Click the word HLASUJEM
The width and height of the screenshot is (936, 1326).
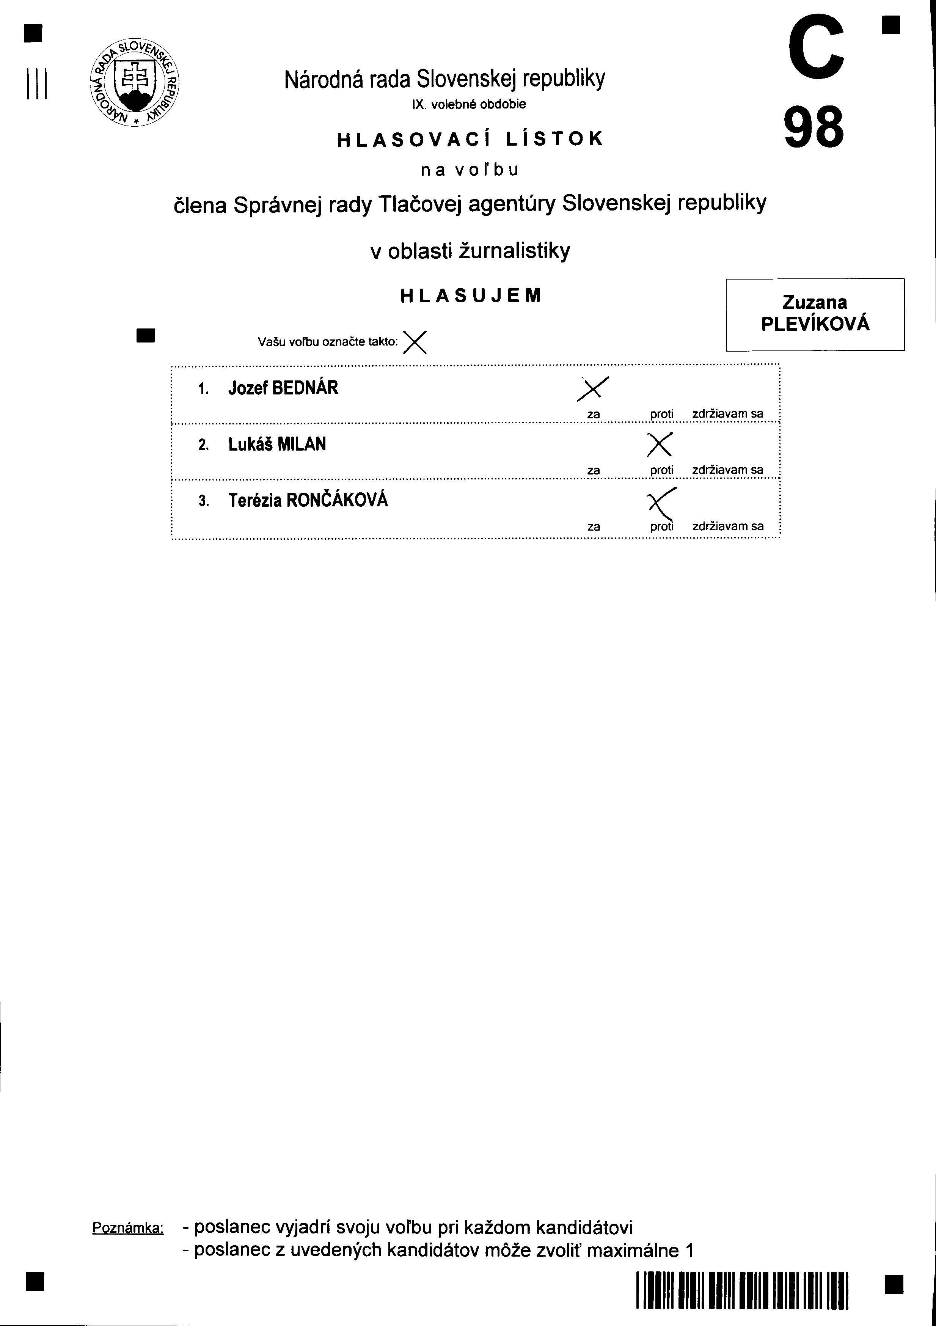tap(471, 296)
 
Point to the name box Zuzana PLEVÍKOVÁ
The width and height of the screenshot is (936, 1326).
tap(815, 314)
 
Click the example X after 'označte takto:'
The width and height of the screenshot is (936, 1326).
tap(415, 342)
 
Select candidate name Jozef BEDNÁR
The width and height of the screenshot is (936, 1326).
tap(283, 388)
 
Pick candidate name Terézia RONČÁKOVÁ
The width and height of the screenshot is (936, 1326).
tap(308, 500)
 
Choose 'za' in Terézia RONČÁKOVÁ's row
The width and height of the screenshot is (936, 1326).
tap(593, 527)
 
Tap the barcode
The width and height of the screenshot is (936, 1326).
tap(741, 1290)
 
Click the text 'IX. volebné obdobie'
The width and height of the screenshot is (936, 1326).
tap(468, 105)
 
